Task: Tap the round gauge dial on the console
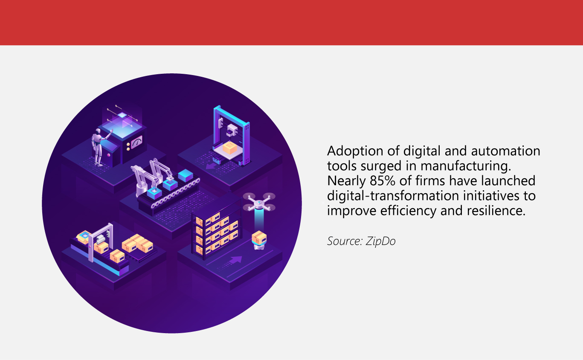click(x=136, y=142)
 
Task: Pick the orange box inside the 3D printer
click(x=230, y=148)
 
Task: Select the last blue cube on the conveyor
click(x=186, y=175)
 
